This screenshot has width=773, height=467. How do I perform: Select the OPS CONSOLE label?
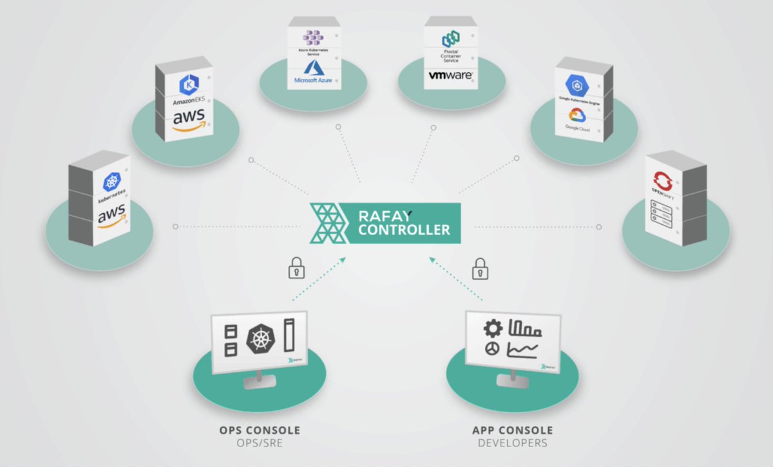pos(260,430)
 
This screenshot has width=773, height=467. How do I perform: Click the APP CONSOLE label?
pos(513,430)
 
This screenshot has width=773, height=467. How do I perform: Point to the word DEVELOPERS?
pos(513,443)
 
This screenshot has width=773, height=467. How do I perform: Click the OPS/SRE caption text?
pos(260,443)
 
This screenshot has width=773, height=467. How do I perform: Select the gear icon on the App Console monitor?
pos(493,329)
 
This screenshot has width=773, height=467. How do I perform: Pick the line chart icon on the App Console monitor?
pos(524,350)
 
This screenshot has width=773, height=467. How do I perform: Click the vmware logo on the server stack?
pos(451,75)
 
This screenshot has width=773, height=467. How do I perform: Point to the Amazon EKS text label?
pos(188,102)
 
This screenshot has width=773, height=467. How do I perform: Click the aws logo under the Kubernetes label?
pos(111,218)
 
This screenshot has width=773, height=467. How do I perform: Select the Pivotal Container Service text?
pos(451,55)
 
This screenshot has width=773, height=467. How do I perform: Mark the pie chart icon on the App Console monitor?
pos(491,348)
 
